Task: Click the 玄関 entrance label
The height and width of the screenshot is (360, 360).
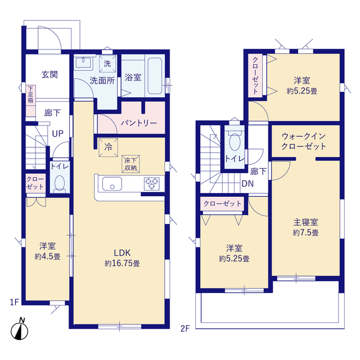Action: (49, 74)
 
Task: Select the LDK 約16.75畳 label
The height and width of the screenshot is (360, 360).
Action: (121, 258)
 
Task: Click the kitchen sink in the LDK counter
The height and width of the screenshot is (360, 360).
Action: (111, 183)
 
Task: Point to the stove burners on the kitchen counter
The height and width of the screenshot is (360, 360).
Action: (152, 183)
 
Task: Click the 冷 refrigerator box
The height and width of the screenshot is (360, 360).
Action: (107, 147)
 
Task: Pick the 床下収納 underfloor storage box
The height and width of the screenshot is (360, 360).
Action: (131, 164)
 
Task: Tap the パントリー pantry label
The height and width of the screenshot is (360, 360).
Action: (138, 123)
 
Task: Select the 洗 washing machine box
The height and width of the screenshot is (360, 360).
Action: (107, 64)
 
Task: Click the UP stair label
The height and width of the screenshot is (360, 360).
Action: (57, 134)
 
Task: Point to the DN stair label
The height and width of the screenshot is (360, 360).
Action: (247, 183)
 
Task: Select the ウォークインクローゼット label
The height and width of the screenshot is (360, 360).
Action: (304, 141)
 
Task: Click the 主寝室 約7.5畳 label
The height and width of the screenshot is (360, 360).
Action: (305, 227)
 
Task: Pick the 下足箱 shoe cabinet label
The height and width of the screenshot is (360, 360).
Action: (30, 94)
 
